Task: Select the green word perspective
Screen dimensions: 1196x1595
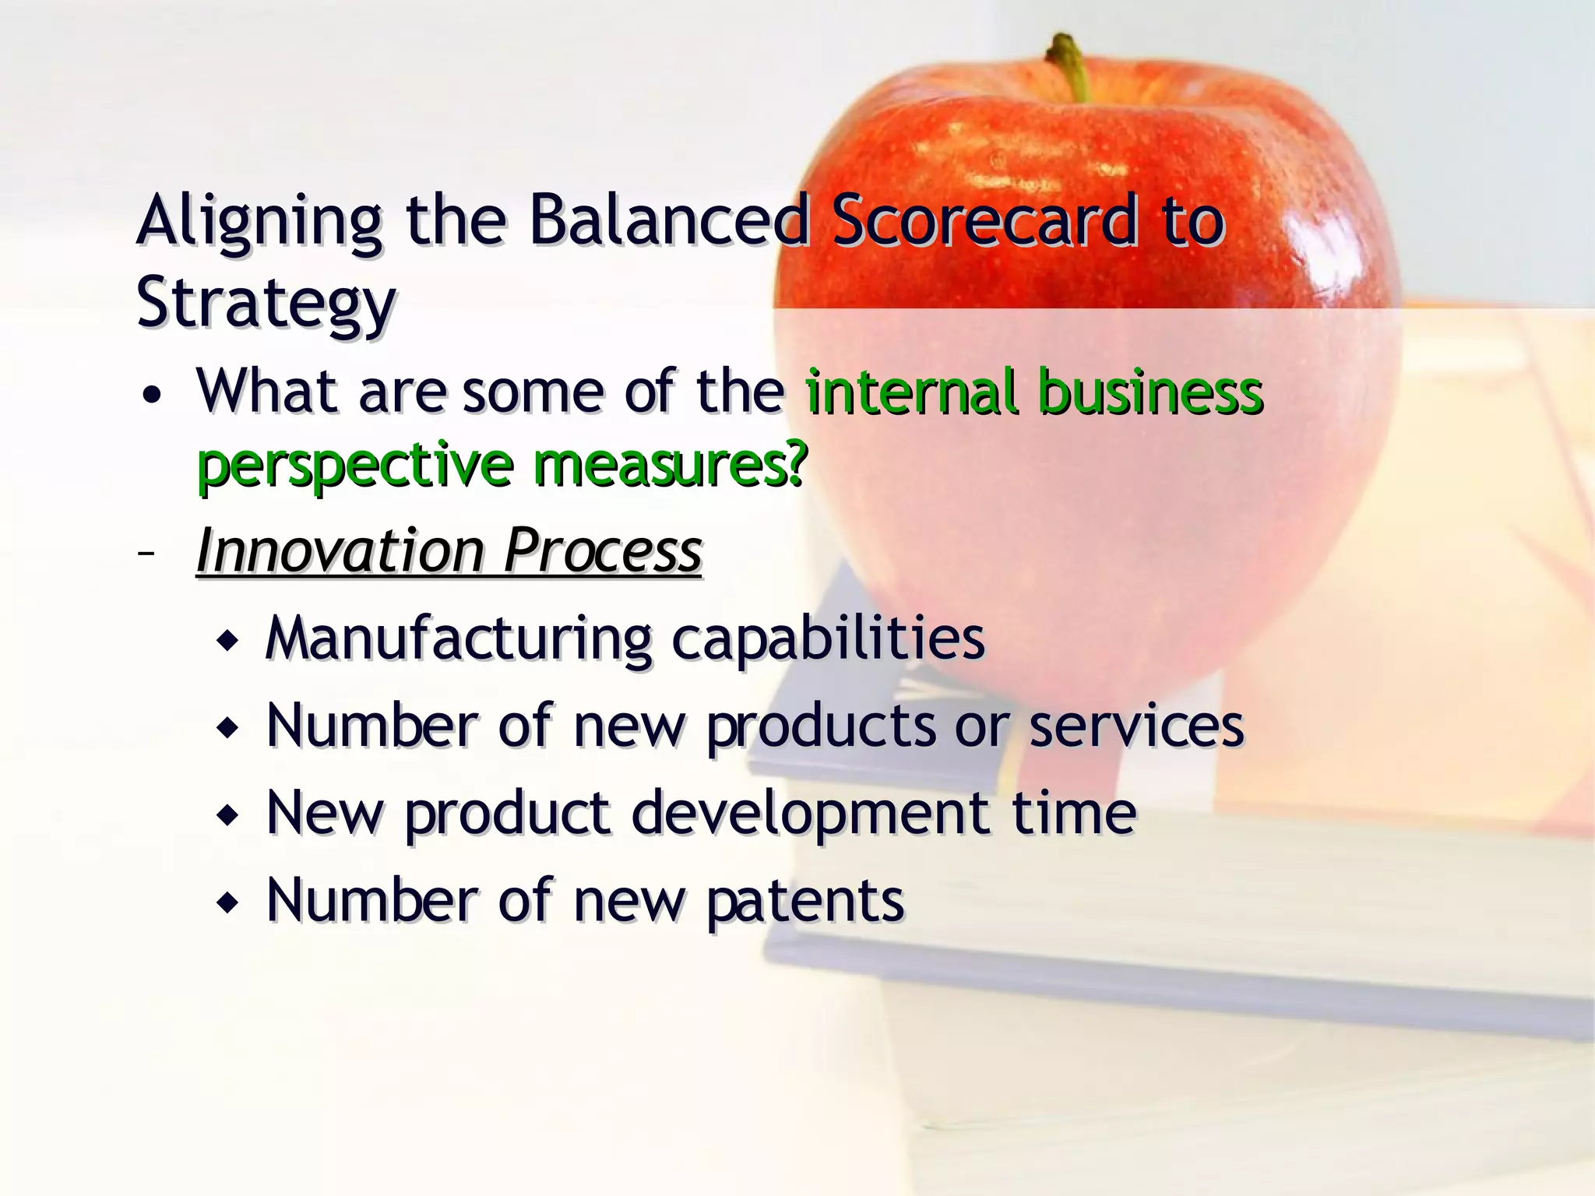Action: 355,466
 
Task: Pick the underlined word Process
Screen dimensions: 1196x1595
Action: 603,551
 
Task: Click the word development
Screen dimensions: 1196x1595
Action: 811,814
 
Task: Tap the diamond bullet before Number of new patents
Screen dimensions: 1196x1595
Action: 228,904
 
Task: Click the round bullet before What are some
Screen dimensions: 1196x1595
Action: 153,396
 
